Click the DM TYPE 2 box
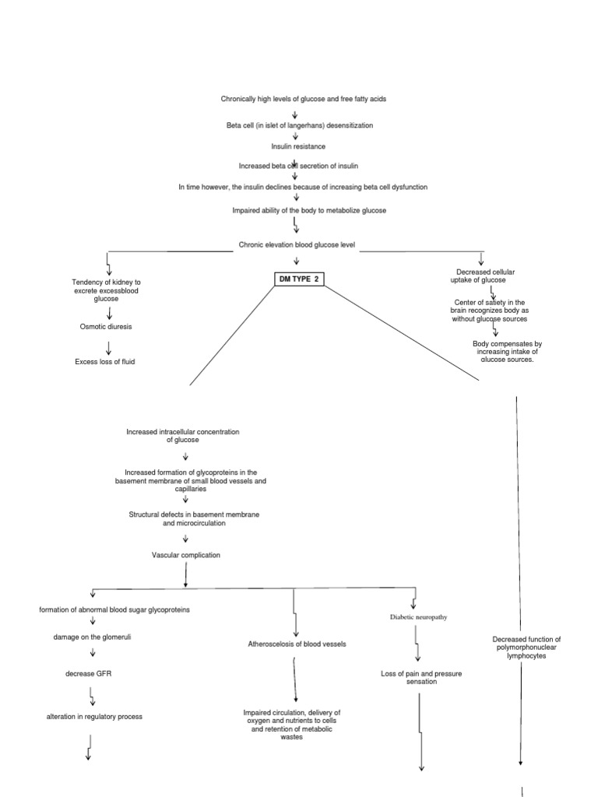point(300,279)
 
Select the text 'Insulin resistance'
point(298,146)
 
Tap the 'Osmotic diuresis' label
point(106,327)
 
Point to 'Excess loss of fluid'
point(105,362)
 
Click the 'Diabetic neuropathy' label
point(418,617)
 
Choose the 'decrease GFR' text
point(89,673)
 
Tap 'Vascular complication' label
point(186,555)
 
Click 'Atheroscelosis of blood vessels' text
point(297,644)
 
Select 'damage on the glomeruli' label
point(92,637)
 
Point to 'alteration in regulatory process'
point(94,717)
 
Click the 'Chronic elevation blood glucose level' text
point(297,245)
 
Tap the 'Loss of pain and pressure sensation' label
point(421,678)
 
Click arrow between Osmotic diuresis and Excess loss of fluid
point(108,348)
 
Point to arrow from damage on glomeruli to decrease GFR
point(93,653)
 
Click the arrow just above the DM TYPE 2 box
point(297,262)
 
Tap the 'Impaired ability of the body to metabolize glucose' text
point(309,210)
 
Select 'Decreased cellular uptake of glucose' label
point(482,276)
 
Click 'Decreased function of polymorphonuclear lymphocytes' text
point(527,648)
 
